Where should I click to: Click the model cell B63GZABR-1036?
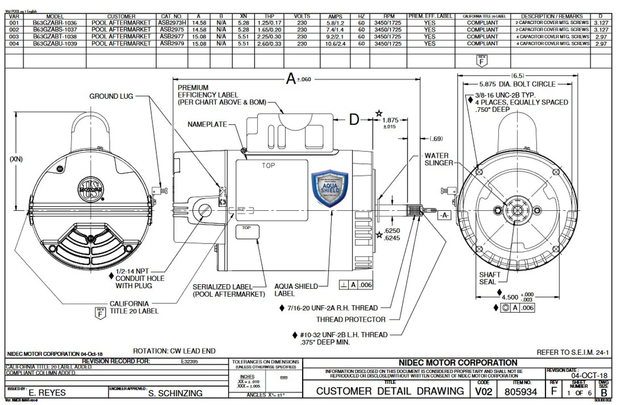55,23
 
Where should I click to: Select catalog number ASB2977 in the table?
171,36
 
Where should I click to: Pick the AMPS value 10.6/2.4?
335,43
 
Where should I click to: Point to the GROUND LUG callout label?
111,96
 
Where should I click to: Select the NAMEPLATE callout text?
207,124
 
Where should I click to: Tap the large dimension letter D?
354,120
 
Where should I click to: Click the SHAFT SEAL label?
490,278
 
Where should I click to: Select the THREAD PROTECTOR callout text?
351,319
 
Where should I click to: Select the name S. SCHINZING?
175,393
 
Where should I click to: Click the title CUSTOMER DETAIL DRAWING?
390,391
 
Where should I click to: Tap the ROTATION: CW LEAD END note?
174,351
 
